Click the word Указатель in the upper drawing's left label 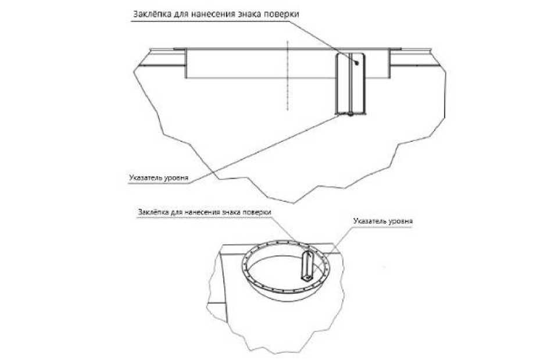[x=145, y=176]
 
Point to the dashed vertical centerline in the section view [x=287, y=76]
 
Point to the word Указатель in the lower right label [x=368, y=222]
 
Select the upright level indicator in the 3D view [x=307, y=265]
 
